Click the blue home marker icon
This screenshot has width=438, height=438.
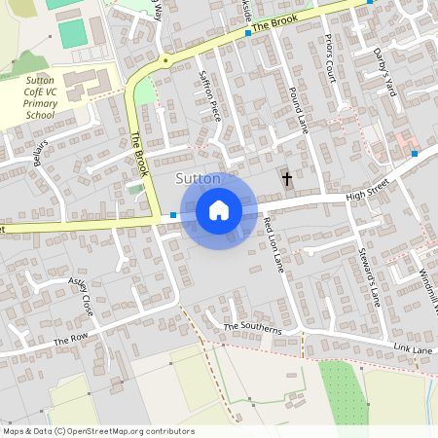click(x=219, y=210)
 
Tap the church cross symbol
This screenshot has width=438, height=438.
click(x=287, y=179)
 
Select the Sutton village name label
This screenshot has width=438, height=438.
click(x=197, y=179)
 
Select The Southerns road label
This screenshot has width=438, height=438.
click(x=252, y=328)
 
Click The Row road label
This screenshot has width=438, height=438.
click(x=70, y=341)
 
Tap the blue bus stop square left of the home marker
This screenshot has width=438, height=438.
click(x=173, y=215)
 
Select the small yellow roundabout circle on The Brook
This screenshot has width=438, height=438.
click(x=166, y=60)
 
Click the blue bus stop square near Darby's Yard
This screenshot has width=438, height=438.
click(x=415, y=154)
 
